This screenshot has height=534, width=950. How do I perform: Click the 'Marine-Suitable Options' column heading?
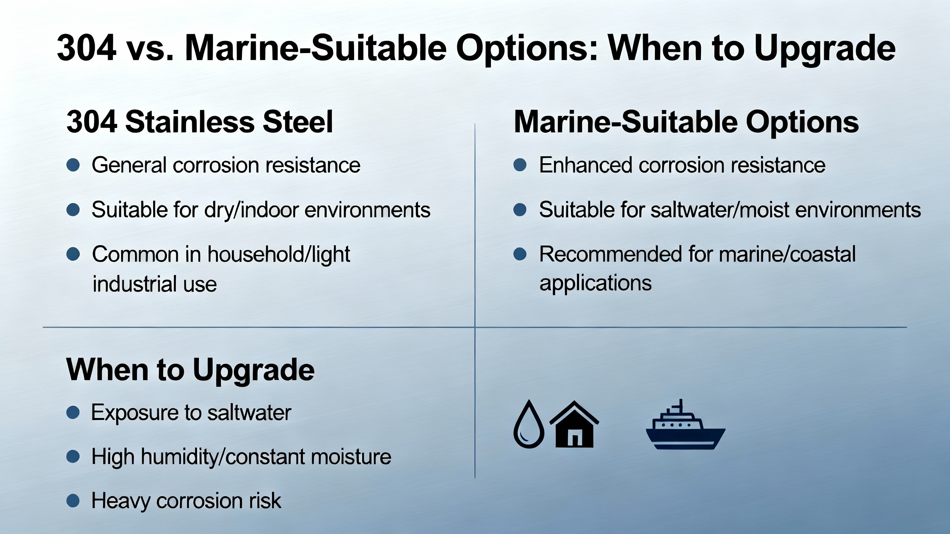point(686,122)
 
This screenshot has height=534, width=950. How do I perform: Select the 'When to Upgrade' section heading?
point(190,370)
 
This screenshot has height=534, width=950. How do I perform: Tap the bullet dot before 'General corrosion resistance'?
point(73,165)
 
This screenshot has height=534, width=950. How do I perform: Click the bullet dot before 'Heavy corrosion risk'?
point(73,500)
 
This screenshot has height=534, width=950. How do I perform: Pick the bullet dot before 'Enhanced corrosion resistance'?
point(520,165)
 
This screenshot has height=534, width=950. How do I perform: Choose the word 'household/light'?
point(279,255)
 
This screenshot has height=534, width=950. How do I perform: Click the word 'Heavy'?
point(121,501)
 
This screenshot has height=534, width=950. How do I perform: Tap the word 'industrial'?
point(135,284)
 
